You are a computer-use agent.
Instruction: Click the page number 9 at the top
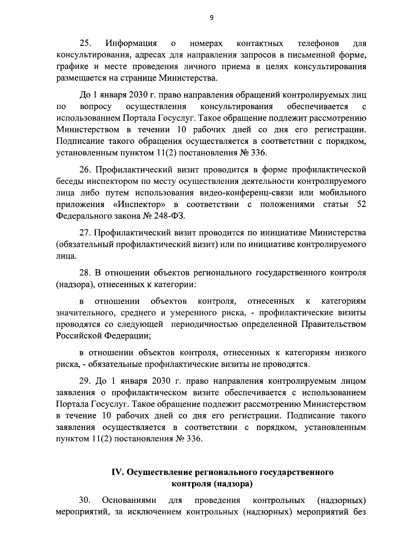211,18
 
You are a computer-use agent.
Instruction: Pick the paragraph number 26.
86,170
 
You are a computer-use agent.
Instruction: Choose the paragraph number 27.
86,233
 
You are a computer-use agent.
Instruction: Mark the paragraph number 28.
86,273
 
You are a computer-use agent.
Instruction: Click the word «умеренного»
193,312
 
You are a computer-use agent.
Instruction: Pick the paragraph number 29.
86,381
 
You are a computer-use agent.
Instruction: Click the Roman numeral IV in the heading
118,472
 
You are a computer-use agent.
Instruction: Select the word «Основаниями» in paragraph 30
129,501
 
